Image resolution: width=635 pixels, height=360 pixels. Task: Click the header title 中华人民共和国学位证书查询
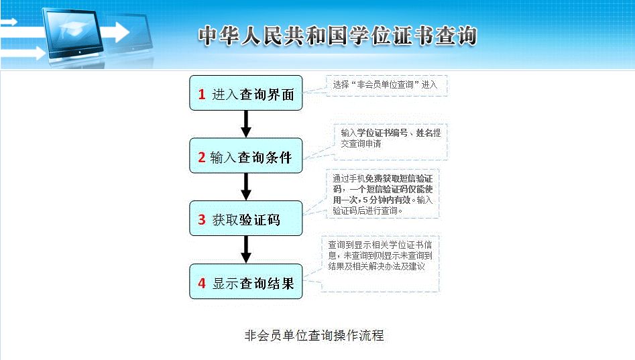tap(337, 36)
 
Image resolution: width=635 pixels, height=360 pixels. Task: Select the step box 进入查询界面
tap(246, 94)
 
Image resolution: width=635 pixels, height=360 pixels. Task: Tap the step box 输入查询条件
tap(246, 157)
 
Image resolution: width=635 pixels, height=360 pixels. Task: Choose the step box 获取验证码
tap(246, 219)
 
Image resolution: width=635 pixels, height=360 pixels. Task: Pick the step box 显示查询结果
tap(246, 283)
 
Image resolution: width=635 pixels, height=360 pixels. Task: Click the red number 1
tap(201, 95)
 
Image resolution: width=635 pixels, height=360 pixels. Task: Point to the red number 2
tap(201, 158)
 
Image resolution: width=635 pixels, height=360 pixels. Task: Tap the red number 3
tap(201, 220)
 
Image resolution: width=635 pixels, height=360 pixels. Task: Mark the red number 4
tap(201, 284)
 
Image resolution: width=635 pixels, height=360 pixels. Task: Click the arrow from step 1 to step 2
tap(246, 124)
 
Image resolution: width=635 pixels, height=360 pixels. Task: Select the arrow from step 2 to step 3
tap(246, 187)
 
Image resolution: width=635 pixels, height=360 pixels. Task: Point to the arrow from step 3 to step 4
tap(246, 250)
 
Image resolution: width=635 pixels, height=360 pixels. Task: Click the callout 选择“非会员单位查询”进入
tap(385, 85)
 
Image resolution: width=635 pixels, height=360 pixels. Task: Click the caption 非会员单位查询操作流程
tap(314, 335)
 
